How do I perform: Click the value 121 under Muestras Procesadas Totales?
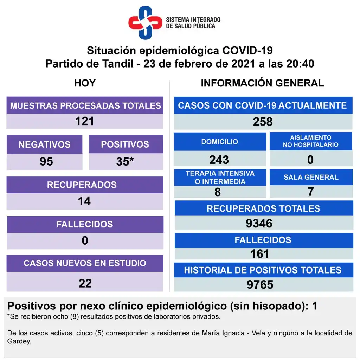85,121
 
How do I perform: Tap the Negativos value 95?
46,161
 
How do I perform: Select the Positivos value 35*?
125,161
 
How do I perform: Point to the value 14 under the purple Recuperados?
85,201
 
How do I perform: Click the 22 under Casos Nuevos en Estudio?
85,283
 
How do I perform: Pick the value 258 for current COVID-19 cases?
263,122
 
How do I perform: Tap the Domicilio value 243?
219,160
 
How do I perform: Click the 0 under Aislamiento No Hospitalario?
310,160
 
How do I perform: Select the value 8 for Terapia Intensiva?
218,192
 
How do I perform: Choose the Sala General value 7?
310,192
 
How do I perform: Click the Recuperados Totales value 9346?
259,223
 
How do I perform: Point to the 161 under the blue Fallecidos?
259,253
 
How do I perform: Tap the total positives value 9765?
260,284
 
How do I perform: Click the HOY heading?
85,83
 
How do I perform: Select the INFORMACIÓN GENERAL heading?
262,83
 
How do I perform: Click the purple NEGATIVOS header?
44,144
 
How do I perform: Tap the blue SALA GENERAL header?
311,177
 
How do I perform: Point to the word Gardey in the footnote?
19,341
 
